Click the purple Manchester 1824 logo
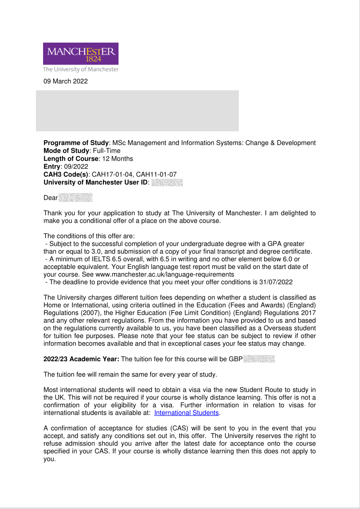click(81, 54)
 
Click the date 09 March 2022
click(65, 81)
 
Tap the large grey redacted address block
click(137, 110)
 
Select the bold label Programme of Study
click(76, 143)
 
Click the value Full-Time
click(107, 151)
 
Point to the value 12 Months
click(117, 158)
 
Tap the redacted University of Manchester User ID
click(167, 182)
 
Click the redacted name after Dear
click(75, 197)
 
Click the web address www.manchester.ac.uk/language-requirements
click(165, 274)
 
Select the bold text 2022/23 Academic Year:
click(81, 359)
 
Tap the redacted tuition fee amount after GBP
click(259, 359)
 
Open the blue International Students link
click(186, 413)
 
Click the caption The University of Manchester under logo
click(81, 69)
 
